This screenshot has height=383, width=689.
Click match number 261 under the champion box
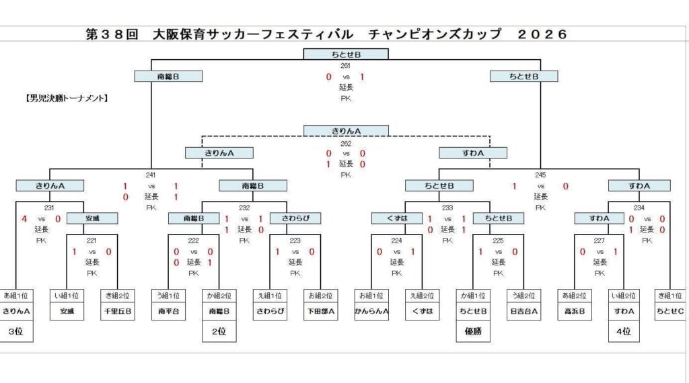[x=346, y=66]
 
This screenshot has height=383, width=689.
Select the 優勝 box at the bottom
[x=472, y=331]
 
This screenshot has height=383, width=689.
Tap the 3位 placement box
[x=16, y=331]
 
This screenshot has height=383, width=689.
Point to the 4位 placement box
[x=623, y=331]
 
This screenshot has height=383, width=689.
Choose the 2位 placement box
[x=219, y=331]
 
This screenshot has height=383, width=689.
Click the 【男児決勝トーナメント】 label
[x=67, y=98]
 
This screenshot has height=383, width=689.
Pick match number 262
[x=346, y=142]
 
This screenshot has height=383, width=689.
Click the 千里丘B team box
[x=118, y=311]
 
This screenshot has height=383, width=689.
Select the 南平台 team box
[x=168, y=311]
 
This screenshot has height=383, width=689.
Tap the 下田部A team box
[x=320, y=311]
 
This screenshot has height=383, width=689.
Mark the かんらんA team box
[x=371, y=311]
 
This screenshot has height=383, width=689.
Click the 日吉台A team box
[x=523, y=311]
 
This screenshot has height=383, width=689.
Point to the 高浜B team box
[x=574, y=311]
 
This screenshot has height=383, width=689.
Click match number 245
[x=540, y=175]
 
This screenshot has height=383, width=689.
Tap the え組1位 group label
[x=270, y=295]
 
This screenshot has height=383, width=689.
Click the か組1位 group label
[x=472, y=295]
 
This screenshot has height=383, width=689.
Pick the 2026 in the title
[x=543, y=34]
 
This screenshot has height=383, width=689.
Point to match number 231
[x=49, y=208]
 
